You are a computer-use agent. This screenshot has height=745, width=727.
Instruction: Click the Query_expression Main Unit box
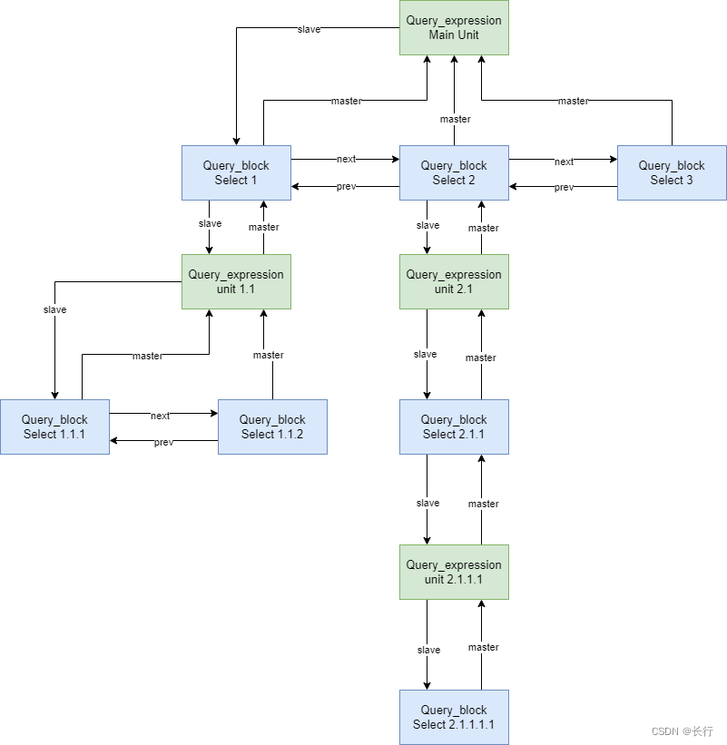(454, 27)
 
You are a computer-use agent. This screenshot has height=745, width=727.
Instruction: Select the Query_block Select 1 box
(236, 172)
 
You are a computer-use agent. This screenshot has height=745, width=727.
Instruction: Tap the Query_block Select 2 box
(454, 172)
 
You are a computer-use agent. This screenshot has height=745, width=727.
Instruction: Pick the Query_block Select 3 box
(672, 172)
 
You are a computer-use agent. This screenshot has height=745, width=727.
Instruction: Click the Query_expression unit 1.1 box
(236, 281)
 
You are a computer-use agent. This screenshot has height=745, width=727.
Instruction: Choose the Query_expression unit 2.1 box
(454, 281)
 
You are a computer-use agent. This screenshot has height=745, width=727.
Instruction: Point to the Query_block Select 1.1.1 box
(54, 426)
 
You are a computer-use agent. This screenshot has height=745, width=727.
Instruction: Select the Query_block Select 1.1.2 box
(272, 426)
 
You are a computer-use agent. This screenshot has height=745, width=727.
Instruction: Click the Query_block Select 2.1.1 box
(454, 426)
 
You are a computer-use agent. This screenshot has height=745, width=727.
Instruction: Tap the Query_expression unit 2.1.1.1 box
(454, 572)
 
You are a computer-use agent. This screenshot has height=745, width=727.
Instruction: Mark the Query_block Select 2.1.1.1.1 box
(454, 717)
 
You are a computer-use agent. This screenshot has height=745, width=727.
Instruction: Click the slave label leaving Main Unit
(309, 29)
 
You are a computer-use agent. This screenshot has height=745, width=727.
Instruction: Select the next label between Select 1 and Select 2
(346, 160)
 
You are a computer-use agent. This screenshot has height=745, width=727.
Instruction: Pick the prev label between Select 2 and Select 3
(564, 188)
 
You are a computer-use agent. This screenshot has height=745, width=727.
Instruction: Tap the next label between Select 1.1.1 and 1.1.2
(160, 416)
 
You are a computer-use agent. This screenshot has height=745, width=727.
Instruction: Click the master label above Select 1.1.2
(268, 355)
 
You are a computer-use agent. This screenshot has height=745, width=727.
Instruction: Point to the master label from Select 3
(573, 101)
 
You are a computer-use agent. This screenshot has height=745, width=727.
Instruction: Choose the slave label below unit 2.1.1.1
(428, 650)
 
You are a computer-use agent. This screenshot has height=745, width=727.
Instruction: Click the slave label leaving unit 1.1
(54, 309)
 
